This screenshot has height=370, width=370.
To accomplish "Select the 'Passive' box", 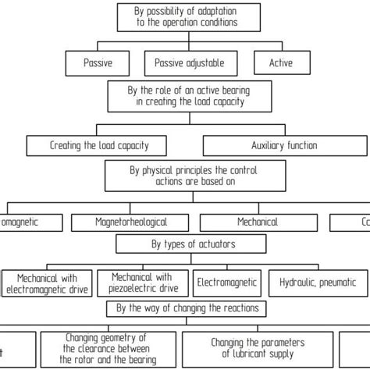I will click(97, 63).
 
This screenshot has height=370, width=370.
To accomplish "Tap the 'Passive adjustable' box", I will click(190, 63).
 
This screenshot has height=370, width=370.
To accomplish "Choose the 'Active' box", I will click(281, 63).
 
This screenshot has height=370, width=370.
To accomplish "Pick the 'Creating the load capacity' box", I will click(99, 145).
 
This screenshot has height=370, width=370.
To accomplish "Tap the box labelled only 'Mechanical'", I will click(258, 222).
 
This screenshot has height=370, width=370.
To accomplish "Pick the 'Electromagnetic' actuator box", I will click(227, 283).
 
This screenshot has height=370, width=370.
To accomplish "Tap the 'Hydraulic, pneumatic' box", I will click(318, 283).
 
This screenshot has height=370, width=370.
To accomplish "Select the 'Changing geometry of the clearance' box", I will click(109, 348).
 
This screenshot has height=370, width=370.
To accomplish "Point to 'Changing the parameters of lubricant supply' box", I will click(259, 348).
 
